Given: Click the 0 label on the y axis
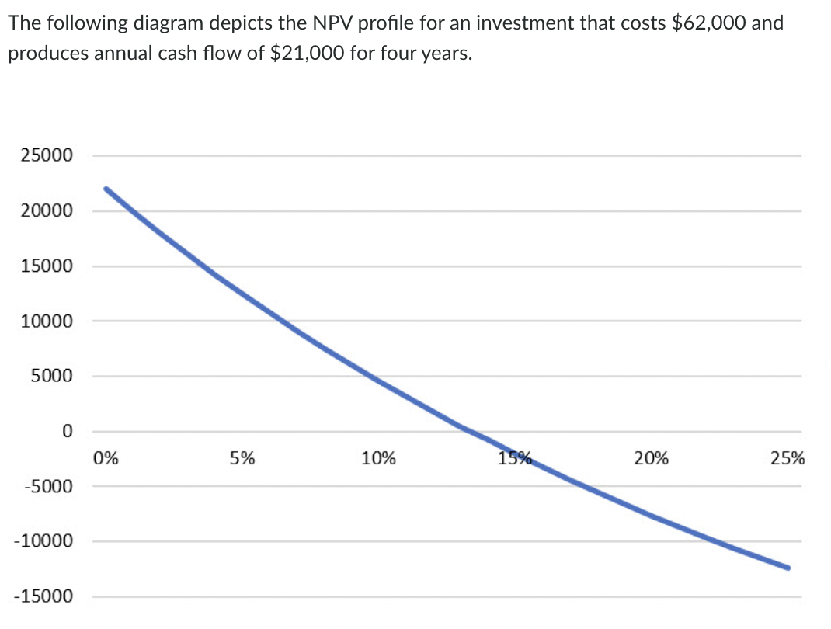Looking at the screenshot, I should pos(68,431).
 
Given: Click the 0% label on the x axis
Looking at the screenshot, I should pos(106,458).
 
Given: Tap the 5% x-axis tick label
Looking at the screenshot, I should pos(242,458).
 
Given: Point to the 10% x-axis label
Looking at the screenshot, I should pos(378,458).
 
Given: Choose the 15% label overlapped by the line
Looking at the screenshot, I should pos(515,458).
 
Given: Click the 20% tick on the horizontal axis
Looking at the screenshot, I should pos(652,458).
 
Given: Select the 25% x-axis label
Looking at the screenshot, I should pos(788,458).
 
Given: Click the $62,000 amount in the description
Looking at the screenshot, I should pos(704,23).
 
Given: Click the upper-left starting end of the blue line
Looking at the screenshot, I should pos(106,189).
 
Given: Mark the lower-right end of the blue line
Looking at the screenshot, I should pos(788,568).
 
